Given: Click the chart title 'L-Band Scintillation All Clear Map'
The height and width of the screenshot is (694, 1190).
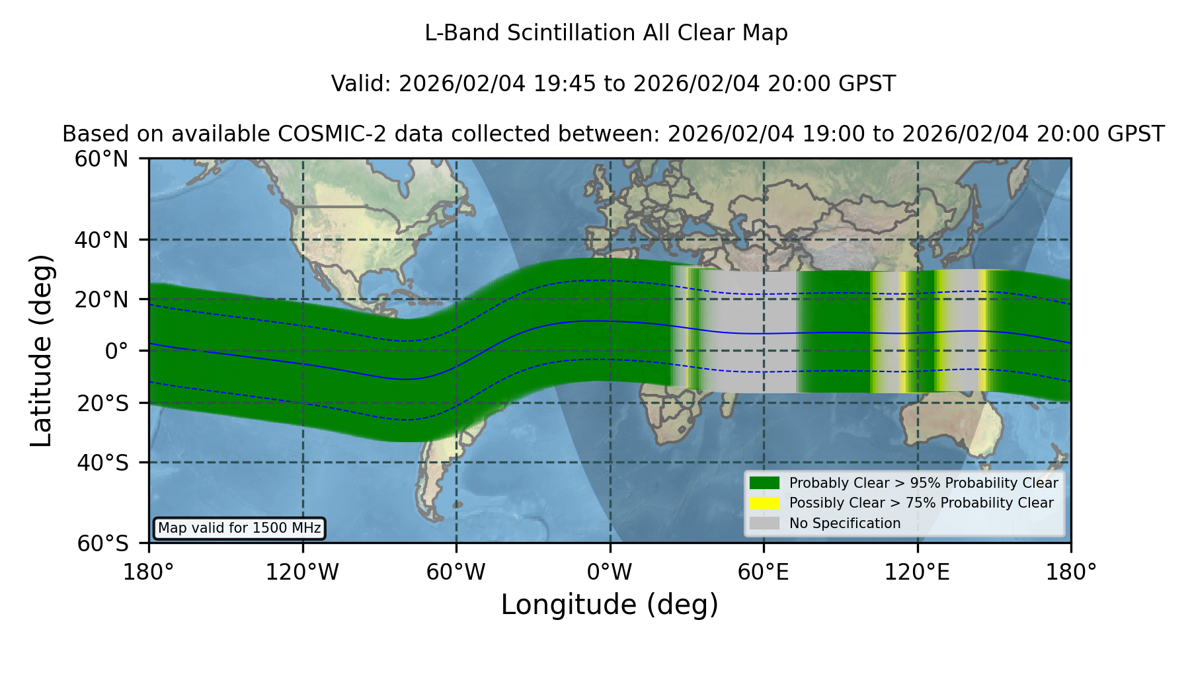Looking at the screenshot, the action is [x=606, y=33].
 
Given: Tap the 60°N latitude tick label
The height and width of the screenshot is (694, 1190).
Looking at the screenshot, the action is [x=102, y=159].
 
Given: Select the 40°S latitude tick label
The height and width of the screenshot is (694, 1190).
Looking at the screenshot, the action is [x=102, y=463].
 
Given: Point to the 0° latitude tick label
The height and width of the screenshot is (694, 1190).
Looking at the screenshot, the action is [x=116, y=351].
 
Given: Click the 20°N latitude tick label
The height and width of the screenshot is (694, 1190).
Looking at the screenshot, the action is [x=102, y=299].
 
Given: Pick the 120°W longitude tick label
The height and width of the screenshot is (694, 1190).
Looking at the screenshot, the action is [x=302, y=572].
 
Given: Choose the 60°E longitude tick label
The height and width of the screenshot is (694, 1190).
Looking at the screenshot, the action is [x=764, y=572].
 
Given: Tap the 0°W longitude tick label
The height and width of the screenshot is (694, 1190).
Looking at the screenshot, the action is [x=610, y=572].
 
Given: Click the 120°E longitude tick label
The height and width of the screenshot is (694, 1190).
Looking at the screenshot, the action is [x=917, y=572].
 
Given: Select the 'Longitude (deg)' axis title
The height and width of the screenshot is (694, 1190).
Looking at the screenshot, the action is [x=610, y=605].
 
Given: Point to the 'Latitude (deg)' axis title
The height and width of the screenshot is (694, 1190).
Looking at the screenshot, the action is [x=42, y=350].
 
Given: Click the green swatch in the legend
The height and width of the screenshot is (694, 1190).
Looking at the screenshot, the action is [x=765, y=483].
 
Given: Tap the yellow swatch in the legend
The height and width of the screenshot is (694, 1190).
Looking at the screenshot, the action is [x=765, y=503].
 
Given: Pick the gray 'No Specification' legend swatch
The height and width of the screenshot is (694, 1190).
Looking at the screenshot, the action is [x=765, y=523].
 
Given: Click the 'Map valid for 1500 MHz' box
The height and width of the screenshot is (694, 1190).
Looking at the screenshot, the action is [x=239, y=528].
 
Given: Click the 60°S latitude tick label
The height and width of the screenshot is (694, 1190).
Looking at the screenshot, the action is [x=102, y=543].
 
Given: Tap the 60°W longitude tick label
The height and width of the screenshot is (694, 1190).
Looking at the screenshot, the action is [x=456, y=572].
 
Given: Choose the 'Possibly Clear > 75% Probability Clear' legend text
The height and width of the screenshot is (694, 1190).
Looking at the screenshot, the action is [x=921, y=503].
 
